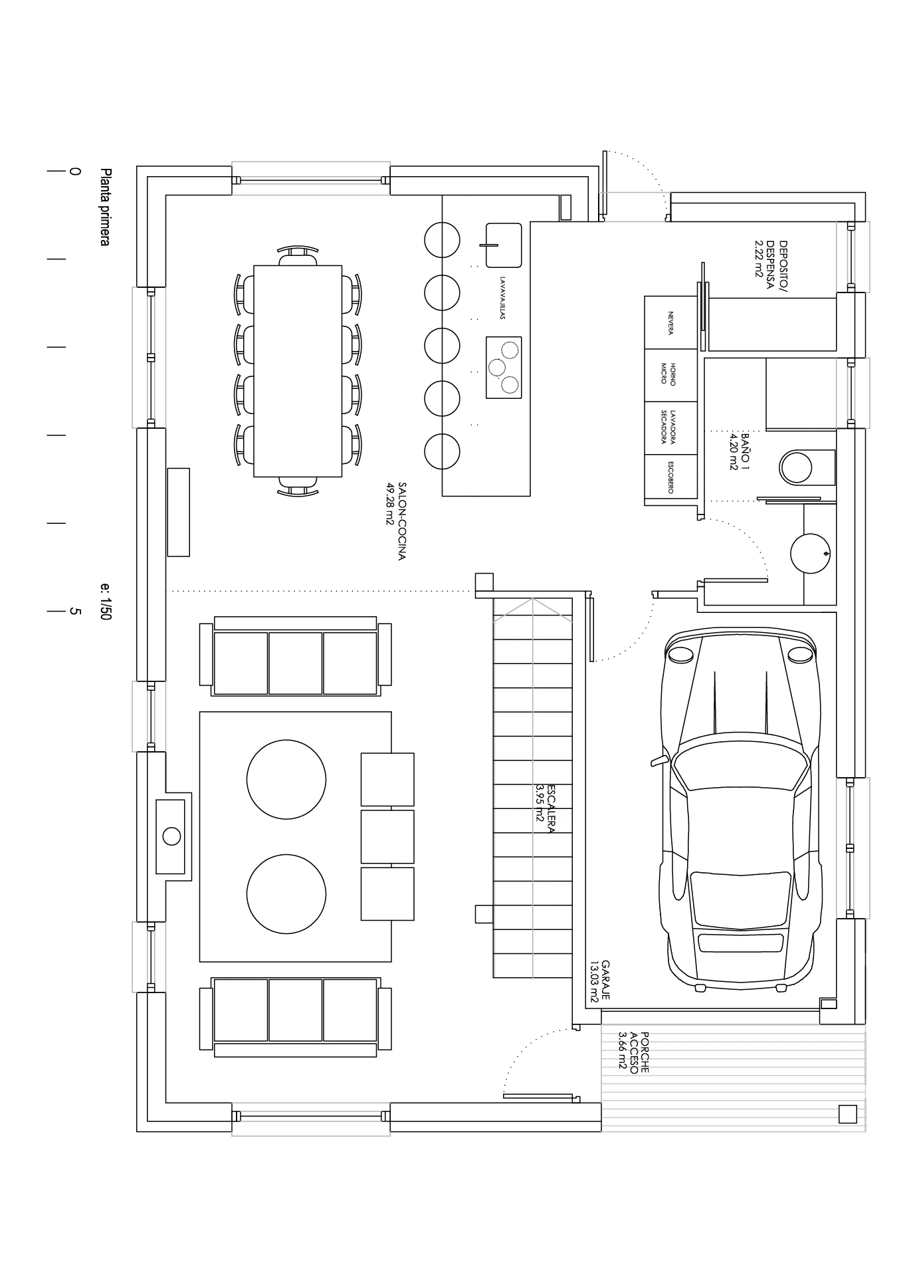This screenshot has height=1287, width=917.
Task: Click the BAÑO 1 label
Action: coord(739,450)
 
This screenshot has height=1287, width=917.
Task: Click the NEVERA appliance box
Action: coord(671,323)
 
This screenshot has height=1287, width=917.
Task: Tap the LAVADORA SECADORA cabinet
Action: coord(671,427)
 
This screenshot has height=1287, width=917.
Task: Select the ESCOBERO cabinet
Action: coord(671,477)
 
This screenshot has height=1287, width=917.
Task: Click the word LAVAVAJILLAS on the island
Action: coord(503,298)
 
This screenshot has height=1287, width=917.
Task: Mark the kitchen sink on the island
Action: coord(504,245)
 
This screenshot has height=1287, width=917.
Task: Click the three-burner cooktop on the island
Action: coord(504,368)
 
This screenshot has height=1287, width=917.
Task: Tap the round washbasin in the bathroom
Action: coord(810,553)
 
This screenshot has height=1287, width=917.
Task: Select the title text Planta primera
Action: coord(104,207)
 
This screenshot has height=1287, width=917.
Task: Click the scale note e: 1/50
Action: coord(105,602)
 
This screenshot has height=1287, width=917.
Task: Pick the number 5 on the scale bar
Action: coord(75,611)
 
